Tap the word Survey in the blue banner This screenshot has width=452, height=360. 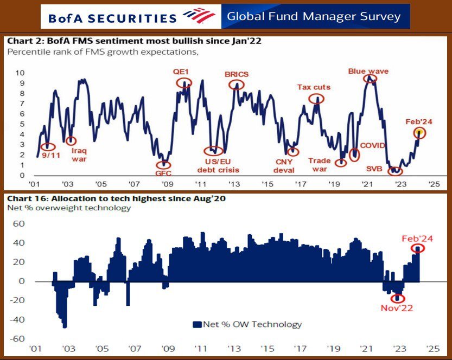(x=380, y=16)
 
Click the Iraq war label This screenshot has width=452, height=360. (x=79, y=155)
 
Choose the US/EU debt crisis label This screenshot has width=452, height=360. (x=219, y=165)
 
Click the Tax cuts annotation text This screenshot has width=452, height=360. (x=314, y=87)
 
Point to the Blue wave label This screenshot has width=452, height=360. (x=368, y=71)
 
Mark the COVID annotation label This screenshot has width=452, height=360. (x=372, y=145)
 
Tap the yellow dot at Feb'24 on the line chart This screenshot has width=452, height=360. (x=419, y=132)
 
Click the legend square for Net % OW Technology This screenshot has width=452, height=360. (x=197, y=324)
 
